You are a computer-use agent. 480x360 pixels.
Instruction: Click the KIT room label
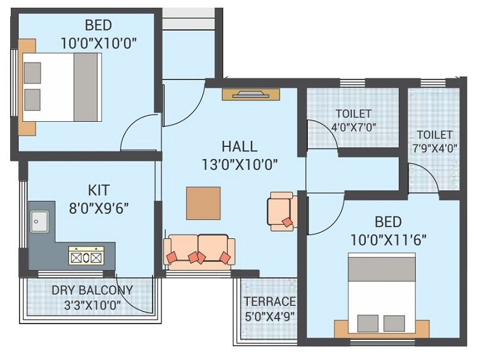click(x=99, y=191)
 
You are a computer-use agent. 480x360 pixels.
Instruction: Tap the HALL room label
click(x=239, y=146)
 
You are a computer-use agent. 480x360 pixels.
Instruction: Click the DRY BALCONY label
click(x=92, y=290)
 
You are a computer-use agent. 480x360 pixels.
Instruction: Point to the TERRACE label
click(x=269, y=301)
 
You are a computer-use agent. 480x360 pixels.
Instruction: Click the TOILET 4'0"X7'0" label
click(x=353, y=113)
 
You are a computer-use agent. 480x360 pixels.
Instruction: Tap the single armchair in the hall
click(x=280, y=211)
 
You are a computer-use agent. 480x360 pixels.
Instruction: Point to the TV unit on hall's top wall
click(x=251, y=94)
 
